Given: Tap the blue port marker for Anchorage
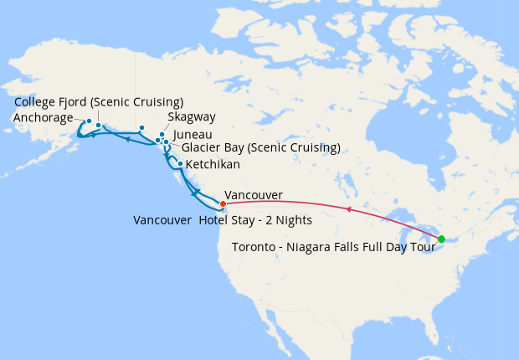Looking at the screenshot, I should (89, 121).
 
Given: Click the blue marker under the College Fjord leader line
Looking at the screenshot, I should (99, 126).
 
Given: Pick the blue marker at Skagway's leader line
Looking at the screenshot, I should (162, 134).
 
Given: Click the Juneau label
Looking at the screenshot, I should (193, 134).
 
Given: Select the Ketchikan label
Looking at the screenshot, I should (213, 164).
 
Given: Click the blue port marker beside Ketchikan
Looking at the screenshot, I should (180, 163).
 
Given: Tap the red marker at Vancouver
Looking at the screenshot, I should (223, 203).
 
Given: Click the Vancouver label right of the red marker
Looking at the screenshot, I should (254, 195).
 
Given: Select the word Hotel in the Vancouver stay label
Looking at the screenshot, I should (216, 220).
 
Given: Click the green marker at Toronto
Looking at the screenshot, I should (441, 239).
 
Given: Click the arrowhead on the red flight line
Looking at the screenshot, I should (347, 210).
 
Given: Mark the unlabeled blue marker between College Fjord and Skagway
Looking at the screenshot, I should (142, 128).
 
